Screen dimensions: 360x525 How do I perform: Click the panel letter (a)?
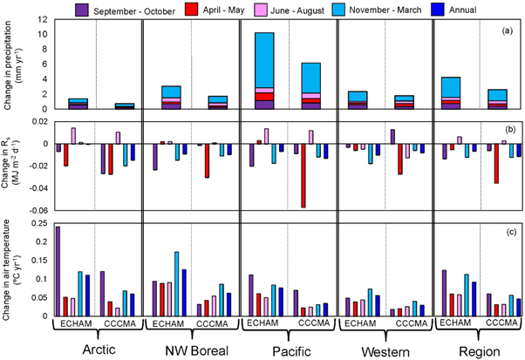503,32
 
